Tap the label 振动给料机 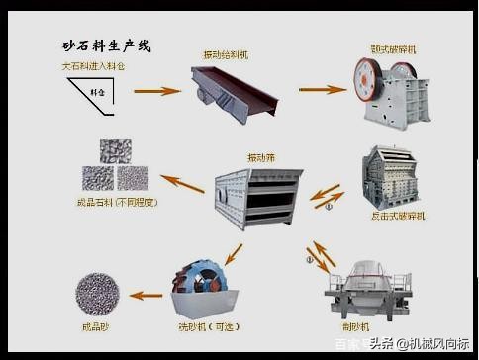[x=226, y=54]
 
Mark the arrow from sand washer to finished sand [x=146, y=294]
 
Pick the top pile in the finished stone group [x=115, y=150]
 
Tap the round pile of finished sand [x=98, y=293]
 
